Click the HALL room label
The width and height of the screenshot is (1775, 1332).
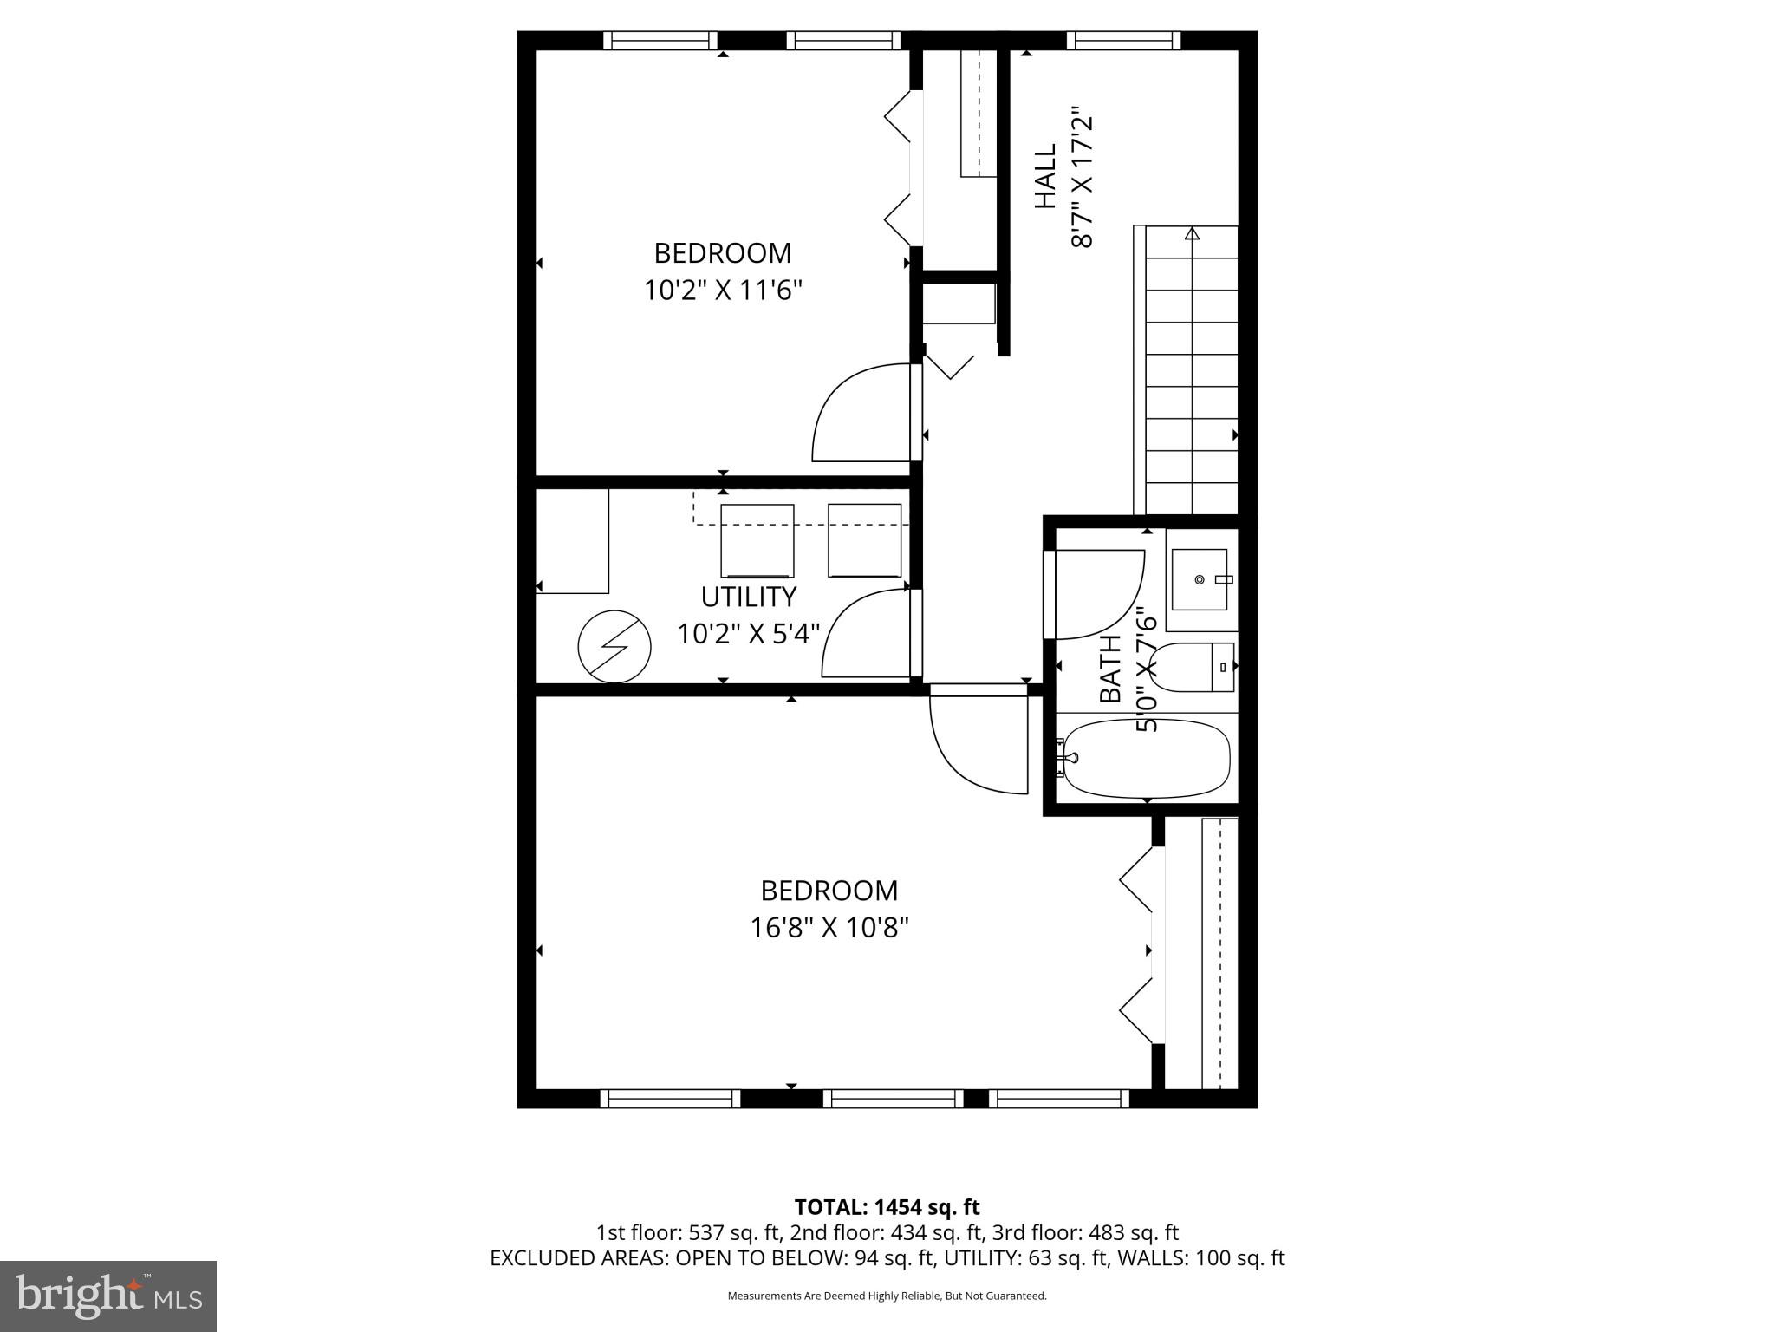1046,177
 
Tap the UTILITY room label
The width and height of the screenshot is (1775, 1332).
748,597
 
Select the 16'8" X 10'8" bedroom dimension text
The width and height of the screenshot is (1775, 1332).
829,928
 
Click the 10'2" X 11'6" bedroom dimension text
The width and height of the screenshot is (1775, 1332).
722,290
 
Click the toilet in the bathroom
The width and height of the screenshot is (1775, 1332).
1193,667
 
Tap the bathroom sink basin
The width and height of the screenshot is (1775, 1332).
1200,578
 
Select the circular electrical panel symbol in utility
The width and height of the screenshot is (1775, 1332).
614,646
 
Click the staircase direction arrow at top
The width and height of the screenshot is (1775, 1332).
1192,233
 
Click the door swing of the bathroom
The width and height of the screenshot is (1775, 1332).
1096,594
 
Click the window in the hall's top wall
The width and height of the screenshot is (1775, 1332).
1123,40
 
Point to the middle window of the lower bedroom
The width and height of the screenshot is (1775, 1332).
893,1099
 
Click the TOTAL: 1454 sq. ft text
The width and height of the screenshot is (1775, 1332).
887,1207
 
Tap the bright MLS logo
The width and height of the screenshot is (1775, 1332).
108,1296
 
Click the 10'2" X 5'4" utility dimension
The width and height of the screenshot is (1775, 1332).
748,634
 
